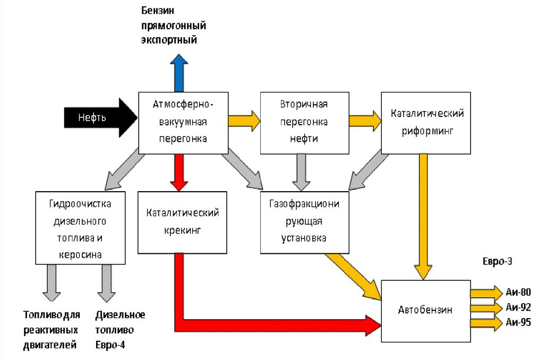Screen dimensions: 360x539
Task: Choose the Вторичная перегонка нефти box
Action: (304, 122)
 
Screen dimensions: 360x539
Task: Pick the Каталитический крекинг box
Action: (183, 222)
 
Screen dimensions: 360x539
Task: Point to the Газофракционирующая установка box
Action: (305, 222)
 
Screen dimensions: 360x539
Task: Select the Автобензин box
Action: (425, 310)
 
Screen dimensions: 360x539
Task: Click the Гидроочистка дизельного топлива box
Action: (80, 228)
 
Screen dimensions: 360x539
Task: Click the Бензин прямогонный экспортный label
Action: (173, 25)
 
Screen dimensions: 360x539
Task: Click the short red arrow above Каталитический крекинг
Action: (179, 172)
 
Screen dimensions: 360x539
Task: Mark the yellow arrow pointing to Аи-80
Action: (486, 292)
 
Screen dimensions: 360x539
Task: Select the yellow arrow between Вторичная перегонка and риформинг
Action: (365, 120)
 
